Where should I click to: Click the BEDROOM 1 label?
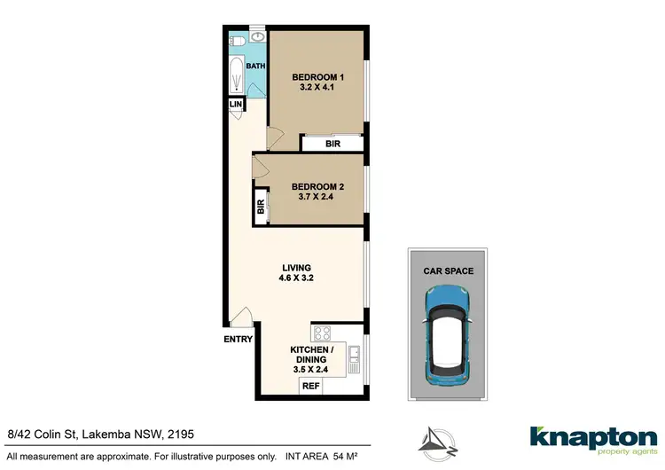(x=318, y=78)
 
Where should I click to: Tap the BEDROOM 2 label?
(x=318, y=186)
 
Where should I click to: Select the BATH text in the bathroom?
(x=255, y=67)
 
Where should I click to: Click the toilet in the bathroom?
(x=236, y=41)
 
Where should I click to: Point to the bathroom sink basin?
(x=257, y=39)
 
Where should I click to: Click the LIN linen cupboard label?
(x=235, y=105)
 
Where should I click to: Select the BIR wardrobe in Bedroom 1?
(x=333, y=143)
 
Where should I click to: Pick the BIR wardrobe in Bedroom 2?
(x=262, y=208)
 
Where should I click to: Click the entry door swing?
(x=242, y=317)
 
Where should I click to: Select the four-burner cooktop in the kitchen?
(x=321, y=334)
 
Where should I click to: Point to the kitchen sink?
(x=355, y=358)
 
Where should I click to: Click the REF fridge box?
(x=310, y=386)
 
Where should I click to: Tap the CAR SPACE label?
(x=448, y=270)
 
